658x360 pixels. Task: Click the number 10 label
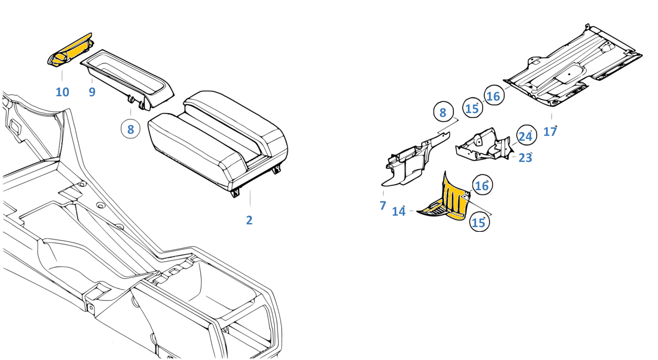(x=62, y=92)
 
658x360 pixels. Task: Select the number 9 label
(x=92, y=92)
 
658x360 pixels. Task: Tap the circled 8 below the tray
(x=130, y=129)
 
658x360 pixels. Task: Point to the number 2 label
(x=249, y=220)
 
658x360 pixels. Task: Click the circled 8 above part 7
(x=443, y=113)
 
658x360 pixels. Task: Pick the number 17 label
(x=550, y=131)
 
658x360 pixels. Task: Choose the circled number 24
(x=525, y=136)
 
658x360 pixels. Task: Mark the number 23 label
(x=525, y=158)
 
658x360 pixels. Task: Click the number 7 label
(x=383, y=206)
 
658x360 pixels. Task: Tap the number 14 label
(x=399, y=211)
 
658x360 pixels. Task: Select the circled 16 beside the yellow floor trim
(x=482, y=186)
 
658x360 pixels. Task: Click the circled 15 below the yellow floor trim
(x=478, y=223)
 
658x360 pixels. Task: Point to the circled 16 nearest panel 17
(x=493, y=97)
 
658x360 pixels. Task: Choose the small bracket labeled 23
(x=483, y=146)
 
